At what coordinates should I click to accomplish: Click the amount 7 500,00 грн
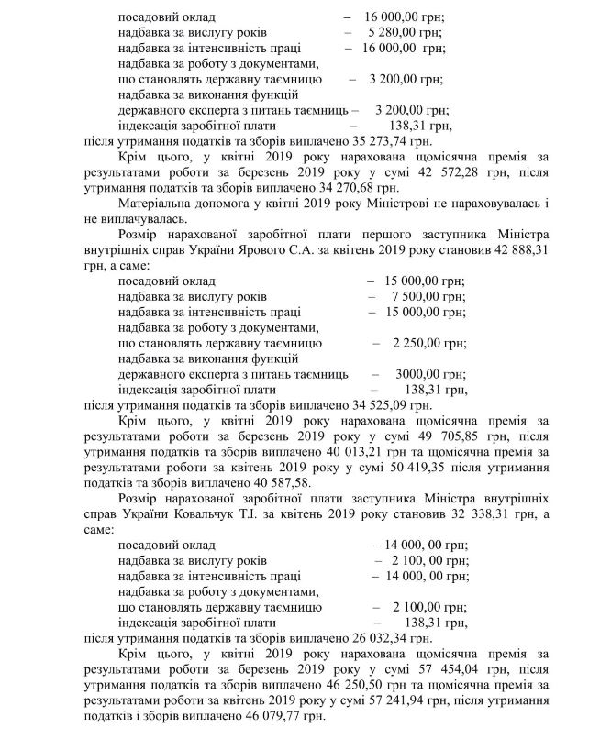point(421,297)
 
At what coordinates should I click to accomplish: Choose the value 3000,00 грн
point(424,374)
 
